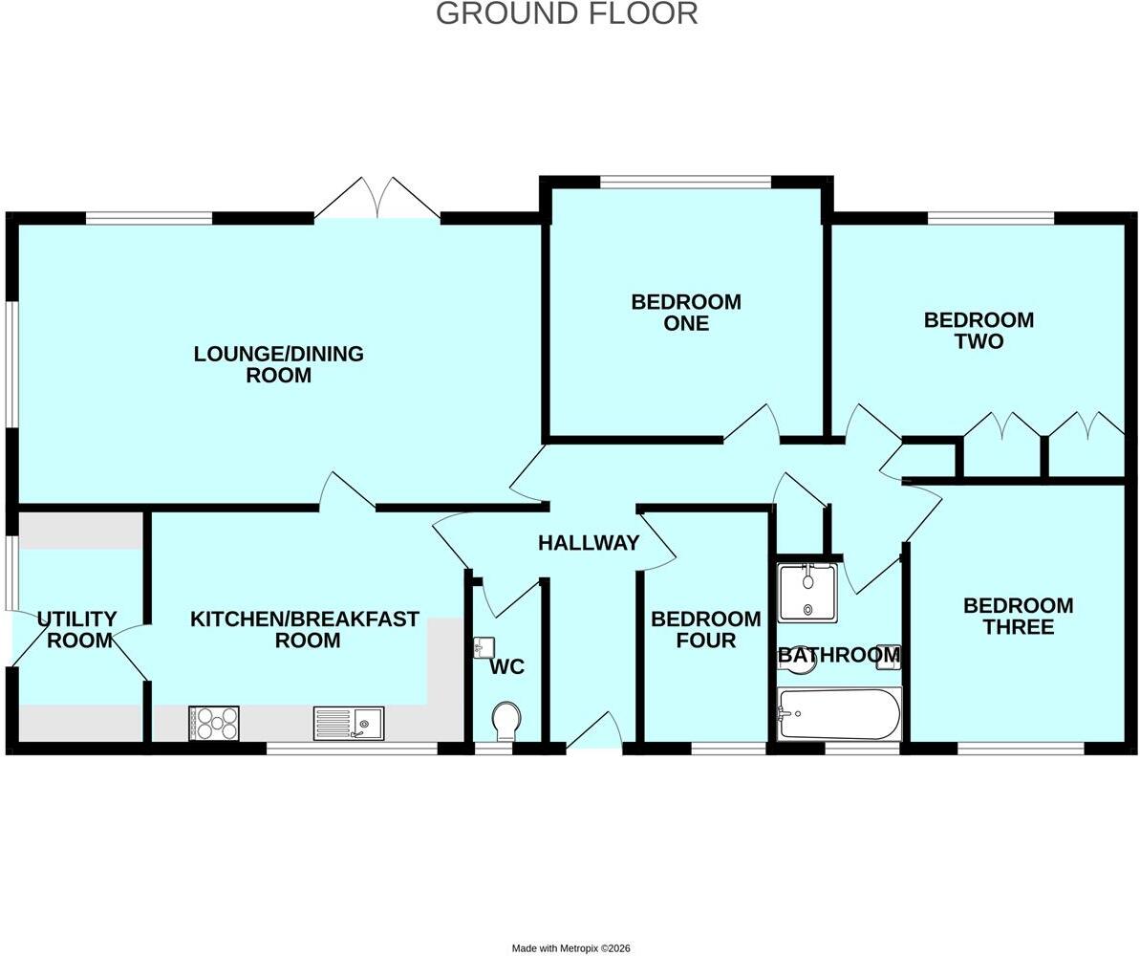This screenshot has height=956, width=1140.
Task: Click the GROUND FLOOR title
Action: click(x=567, y=13)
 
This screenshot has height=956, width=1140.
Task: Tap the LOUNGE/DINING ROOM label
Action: click(x=278, y=364)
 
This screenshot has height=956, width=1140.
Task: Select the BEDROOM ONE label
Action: click(x=686, y=312)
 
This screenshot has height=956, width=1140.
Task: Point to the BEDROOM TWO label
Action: click(x=979, y=331)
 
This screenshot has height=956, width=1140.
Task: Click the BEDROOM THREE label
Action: click(x=1018, y=617)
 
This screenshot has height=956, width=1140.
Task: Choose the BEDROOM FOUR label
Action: click(x=705, y=630)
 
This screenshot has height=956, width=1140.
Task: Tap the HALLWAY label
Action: click(x=589, y=543)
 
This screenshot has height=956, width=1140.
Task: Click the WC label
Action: click(x=506, y=667)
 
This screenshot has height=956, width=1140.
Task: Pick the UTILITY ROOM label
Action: click(x=77, y=630)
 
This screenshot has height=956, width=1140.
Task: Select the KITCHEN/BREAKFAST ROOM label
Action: click(x=305, y=630)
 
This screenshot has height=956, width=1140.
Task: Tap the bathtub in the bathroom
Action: click(x=839, y=714)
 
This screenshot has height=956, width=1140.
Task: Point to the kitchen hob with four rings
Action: click(x=214, y=723)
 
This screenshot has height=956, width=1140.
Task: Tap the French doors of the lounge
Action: click(x=378, y=197)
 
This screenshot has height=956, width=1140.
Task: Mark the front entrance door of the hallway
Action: click(x=594, y=730)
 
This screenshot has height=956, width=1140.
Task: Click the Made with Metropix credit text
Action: click(x=570, y=948)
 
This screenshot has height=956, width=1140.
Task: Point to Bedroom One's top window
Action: click(x=685, y=181)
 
